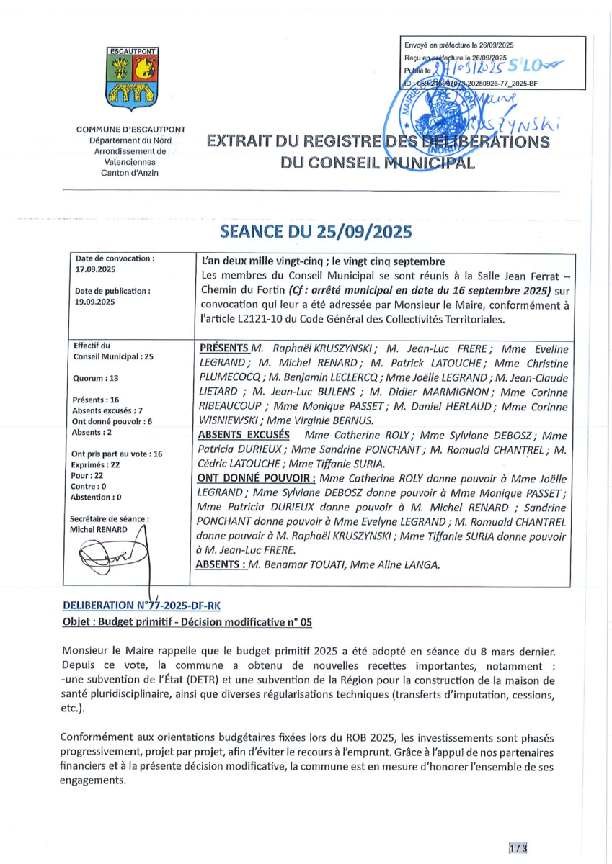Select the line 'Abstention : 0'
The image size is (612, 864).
point(97,497)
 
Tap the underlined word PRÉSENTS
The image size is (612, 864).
point(224,348)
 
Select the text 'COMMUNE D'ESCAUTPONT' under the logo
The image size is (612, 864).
point(131,130)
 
